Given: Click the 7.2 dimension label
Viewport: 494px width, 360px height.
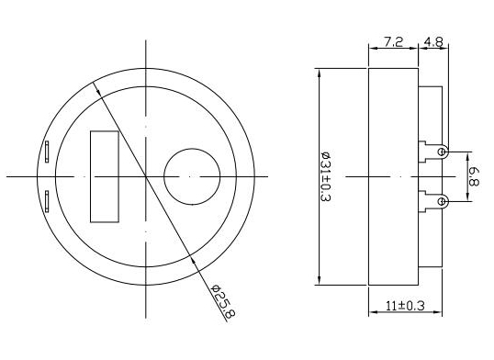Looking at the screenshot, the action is [x=393, y=41].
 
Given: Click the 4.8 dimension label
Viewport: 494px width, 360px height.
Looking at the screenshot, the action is [x=433, y=41].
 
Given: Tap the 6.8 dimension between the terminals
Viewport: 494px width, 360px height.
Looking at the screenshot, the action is [x=474, y=176].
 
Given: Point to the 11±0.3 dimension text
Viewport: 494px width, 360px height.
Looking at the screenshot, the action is [x=405, y=305].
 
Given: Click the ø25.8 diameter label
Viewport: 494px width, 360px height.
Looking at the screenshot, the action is [x=223, y=301].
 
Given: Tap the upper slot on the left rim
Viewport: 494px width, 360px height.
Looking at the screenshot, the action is [x=47, y=152].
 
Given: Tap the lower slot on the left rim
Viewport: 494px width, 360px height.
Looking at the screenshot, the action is [x=47, y=201].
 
